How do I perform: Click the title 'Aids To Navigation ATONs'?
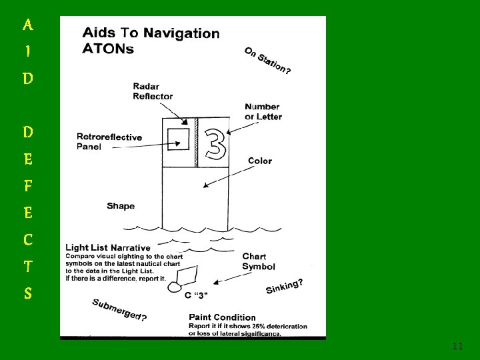[149, 40]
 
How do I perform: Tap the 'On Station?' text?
[267, 61]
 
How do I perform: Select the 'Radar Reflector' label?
[153, 91]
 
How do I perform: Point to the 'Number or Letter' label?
[263, 111]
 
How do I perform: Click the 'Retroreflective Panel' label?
[109, 141]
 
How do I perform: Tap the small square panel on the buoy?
[179, 139]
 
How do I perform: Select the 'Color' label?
[259, 161]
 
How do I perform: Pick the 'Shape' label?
[121, 206]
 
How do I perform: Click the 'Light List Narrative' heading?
[107, 248]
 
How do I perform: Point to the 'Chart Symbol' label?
[259, 261]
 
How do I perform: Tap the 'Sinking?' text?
[285, 286]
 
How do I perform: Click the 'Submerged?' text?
[119, 309]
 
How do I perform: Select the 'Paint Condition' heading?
[222, 317]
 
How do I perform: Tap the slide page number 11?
[457, 346]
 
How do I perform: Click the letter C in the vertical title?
[27, 239]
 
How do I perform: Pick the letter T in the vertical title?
[27, 266]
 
